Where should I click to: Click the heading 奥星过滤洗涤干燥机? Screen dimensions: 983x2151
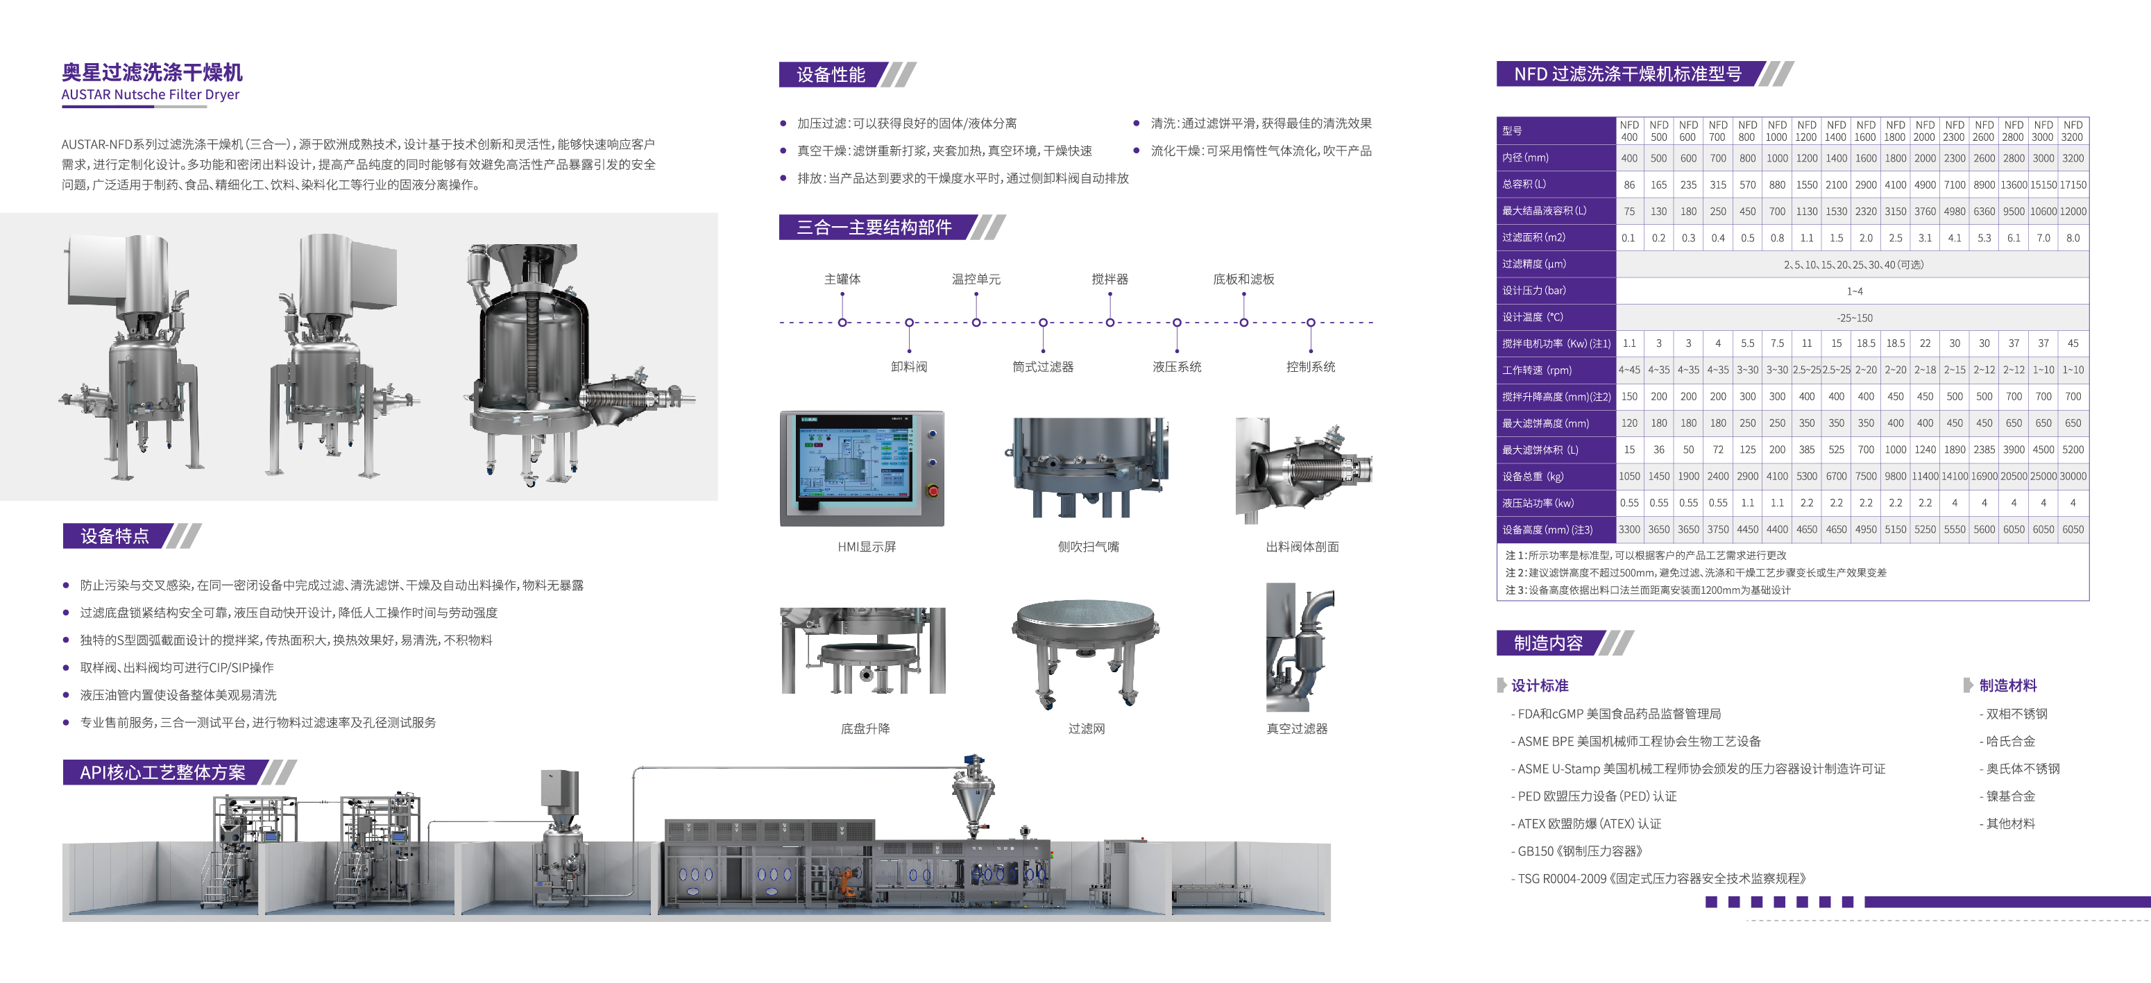152,73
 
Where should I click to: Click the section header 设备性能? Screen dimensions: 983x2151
830,74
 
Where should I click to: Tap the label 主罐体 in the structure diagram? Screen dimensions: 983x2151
842,279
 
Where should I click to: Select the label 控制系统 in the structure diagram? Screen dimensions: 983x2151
1310,367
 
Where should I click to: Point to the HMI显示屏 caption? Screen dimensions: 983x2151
866,547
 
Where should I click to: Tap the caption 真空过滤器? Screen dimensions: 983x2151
1296,728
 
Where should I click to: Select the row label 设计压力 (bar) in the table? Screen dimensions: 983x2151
1534,291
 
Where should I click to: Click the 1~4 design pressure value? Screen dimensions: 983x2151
1854,291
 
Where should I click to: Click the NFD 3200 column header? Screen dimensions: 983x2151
2073,131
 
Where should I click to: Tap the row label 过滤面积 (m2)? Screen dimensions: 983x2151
1533,237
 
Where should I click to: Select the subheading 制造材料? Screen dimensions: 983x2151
2007,685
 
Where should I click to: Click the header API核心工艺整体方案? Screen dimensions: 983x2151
163,773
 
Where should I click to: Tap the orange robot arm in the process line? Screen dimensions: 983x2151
847,881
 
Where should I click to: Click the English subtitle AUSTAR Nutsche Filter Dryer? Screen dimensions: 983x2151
151,94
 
